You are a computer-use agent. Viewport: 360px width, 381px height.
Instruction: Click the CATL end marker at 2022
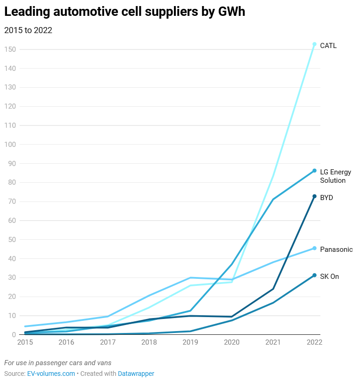pos(314,44)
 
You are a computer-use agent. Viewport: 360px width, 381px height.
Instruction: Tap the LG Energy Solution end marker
pos(314,171)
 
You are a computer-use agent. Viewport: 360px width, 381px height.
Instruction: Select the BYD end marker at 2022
pos(314,196)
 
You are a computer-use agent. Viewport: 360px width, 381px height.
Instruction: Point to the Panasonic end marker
pos(314,248)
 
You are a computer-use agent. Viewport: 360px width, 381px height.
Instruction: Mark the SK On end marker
pos(314,275)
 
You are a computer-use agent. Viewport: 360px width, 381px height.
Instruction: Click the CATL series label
pos(328,46)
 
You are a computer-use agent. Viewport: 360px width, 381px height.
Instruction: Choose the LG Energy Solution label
pos(335,176)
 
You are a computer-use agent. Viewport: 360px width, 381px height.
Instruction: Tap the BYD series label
pos(326,198)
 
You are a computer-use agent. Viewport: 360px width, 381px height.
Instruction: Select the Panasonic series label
pos(336,249)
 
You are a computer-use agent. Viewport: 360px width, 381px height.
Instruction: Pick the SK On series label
pos(329,277)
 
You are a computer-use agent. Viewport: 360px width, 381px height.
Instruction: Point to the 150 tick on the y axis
pos(10,49)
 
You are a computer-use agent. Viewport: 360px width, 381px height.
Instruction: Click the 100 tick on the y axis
pos(10,145)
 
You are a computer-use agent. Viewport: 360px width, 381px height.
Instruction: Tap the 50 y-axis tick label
pos(12,240)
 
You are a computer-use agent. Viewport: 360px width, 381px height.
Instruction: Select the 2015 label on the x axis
pos(25,342)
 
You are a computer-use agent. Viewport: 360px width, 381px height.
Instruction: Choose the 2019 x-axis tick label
pos(190,342)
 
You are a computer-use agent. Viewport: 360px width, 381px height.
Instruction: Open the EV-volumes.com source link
pos(51,374)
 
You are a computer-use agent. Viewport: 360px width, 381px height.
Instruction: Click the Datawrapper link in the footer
pos(136,374)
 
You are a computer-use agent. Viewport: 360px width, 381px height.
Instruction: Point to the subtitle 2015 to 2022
pos(28,30)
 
